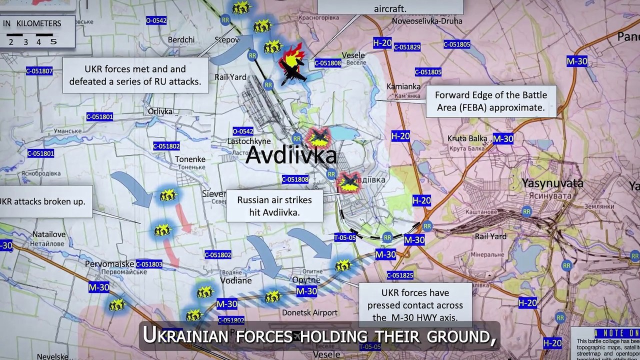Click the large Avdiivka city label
(x=291, y=155)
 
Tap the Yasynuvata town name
(x=552, y=182)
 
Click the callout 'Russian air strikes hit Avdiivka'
(x=274, y=206)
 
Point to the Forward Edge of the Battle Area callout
(x=491, y=101)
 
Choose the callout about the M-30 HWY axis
(x=415, y=305)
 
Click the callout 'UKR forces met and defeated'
(x=135, y=75)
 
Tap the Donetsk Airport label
(x=309, y=313)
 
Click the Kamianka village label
(x=403, y=86)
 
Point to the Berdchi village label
(x=181, y=40)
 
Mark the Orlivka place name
(x=160, y=111)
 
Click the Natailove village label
(x=49, y=233)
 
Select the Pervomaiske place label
(x=109, y=263)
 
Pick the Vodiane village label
(x=236, y=280)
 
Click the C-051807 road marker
(x=39, y=71)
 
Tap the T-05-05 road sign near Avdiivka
(x=345, y=238)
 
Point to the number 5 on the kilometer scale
(x=53, y=41)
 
